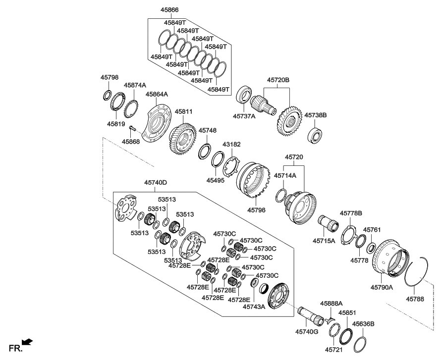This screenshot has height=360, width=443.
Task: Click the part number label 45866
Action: pyautogui.click(x=169, y=10)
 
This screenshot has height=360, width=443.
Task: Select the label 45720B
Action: pyautogui.click(x=278, y=79)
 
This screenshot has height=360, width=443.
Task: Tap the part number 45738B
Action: pyautogui.click(x=315, y=114)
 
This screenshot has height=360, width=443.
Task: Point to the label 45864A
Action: pyautogui.click(x=157, y=94)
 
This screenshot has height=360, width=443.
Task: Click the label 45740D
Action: pyautogui.click(x=156, y=183)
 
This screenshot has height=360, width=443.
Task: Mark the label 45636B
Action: pyautogui.click(x=364, y=324)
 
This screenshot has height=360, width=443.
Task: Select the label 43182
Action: pyautogui.click(x=230, y=144)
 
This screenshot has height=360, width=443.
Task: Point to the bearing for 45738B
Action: pyautogui.click(x=315, y=134)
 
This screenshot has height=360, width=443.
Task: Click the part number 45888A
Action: pyautogui.click(x=332, y=303)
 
